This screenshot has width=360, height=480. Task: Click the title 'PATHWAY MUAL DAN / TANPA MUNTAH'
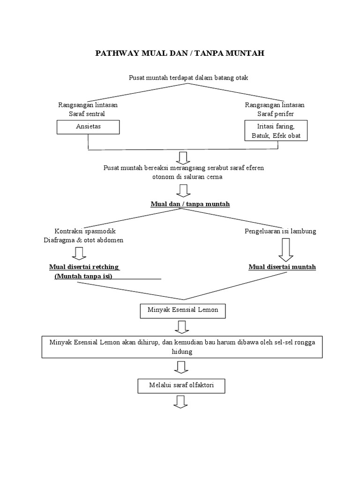click(180, 53)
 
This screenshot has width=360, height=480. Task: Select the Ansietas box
click(88, 127)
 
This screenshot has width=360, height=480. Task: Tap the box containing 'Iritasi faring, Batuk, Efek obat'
click(276, 131)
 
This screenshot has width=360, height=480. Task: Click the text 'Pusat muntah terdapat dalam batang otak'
click(188, 78)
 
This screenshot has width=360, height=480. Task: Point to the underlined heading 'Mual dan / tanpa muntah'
click(183, 204)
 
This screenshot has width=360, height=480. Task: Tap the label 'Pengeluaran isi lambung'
click(280, 231)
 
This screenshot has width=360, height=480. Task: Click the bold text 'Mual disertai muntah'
click(282, 267)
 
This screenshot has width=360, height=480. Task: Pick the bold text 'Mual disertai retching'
click(84, 267)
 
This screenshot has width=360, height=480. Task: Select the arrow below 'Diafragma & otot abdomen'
click(80, 253)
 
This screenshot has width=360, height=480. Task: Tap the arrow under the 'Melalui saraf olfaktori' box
click(181, 402)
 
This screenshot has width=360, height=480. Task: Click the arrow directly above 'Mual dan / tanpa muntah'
click(183, 190)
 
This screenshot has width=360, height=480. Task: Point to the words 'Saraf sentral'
click(88, 114)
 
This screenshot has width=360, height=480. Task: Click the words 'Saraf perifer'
click(275, 114)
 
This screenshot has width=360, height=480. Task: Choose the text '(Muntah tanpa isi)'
click(86, 276)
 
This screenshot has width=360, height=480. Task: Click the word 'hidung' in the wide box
click(182, 351)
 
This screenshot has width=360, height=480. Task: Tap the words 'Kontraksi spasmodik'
click(85, 231)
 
